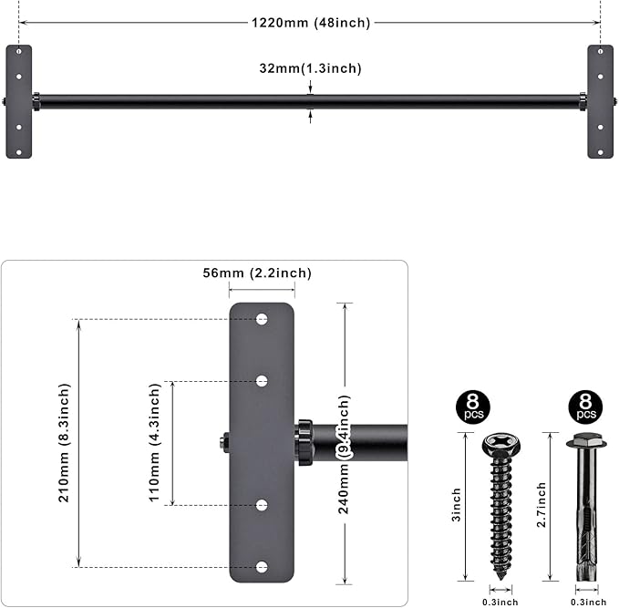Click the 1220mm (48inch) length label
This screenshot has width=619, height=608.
click(x=311, y=23)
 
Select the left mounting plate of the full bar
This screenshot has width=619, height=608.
click(x=18, y=101)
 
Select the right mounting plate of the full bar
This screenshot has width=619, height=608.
click(x=600, y=101)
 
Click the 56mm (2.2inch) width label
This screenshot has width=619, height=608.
click(x=258, y=273)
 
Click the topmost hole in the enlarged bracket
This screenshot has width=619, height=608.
click(x=262, y=319)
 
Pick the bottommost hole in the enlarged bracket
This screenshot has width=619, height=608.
click(x=262, y=567)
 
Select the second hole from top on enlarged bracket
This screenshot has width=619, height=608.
click(x=262, y=381)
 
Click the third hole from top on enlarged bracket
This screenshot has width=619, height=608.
click(x=262, y=505)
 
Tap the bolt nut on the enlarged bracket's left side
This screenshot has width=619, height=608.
click(x=223, y=443)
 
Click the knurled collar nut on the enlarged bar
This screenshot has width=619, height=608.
click(x=303, y=442)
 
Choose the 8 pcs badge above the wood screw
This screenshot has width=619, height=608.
click(x=470, y=407)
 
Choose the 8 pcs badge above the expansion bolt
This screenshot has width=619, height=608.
click(x=585, y=407)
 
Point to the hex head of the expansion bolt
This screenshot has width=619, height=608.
click(x=585, y=442)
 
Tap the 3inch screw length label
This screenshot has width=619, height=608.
click(x=457, y=505)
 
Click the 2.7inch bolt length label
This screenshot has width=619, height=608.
click(x=541, y=505)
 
